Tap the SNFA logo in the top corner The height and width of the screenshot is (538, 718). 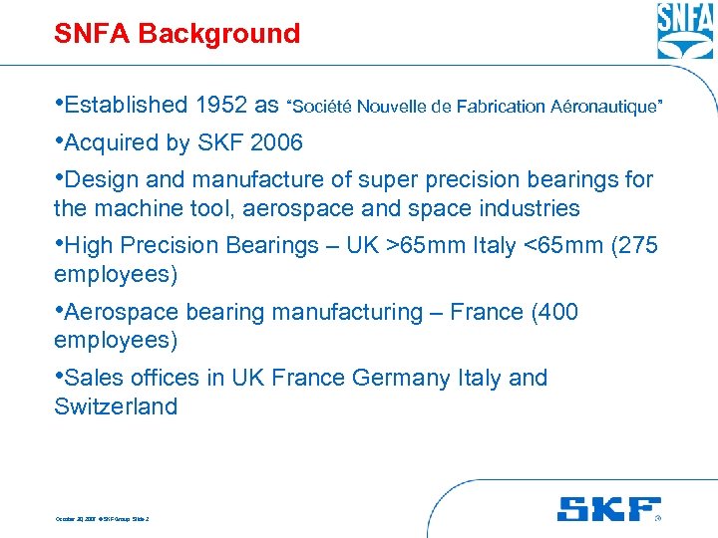click(x=685, y=31)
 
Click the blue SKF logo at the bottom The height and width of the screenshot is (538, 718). click(x=608, y=509)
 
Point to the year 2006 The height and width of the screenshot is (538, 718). click(x=277, y=142)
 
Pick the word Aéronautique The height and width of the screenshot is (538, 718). click(x=604, y=106)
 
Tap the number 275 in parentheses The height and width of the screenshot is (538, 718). click(x=638, y=245)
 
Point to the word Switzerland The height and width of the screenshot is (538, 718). click(x=116, y=406)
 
